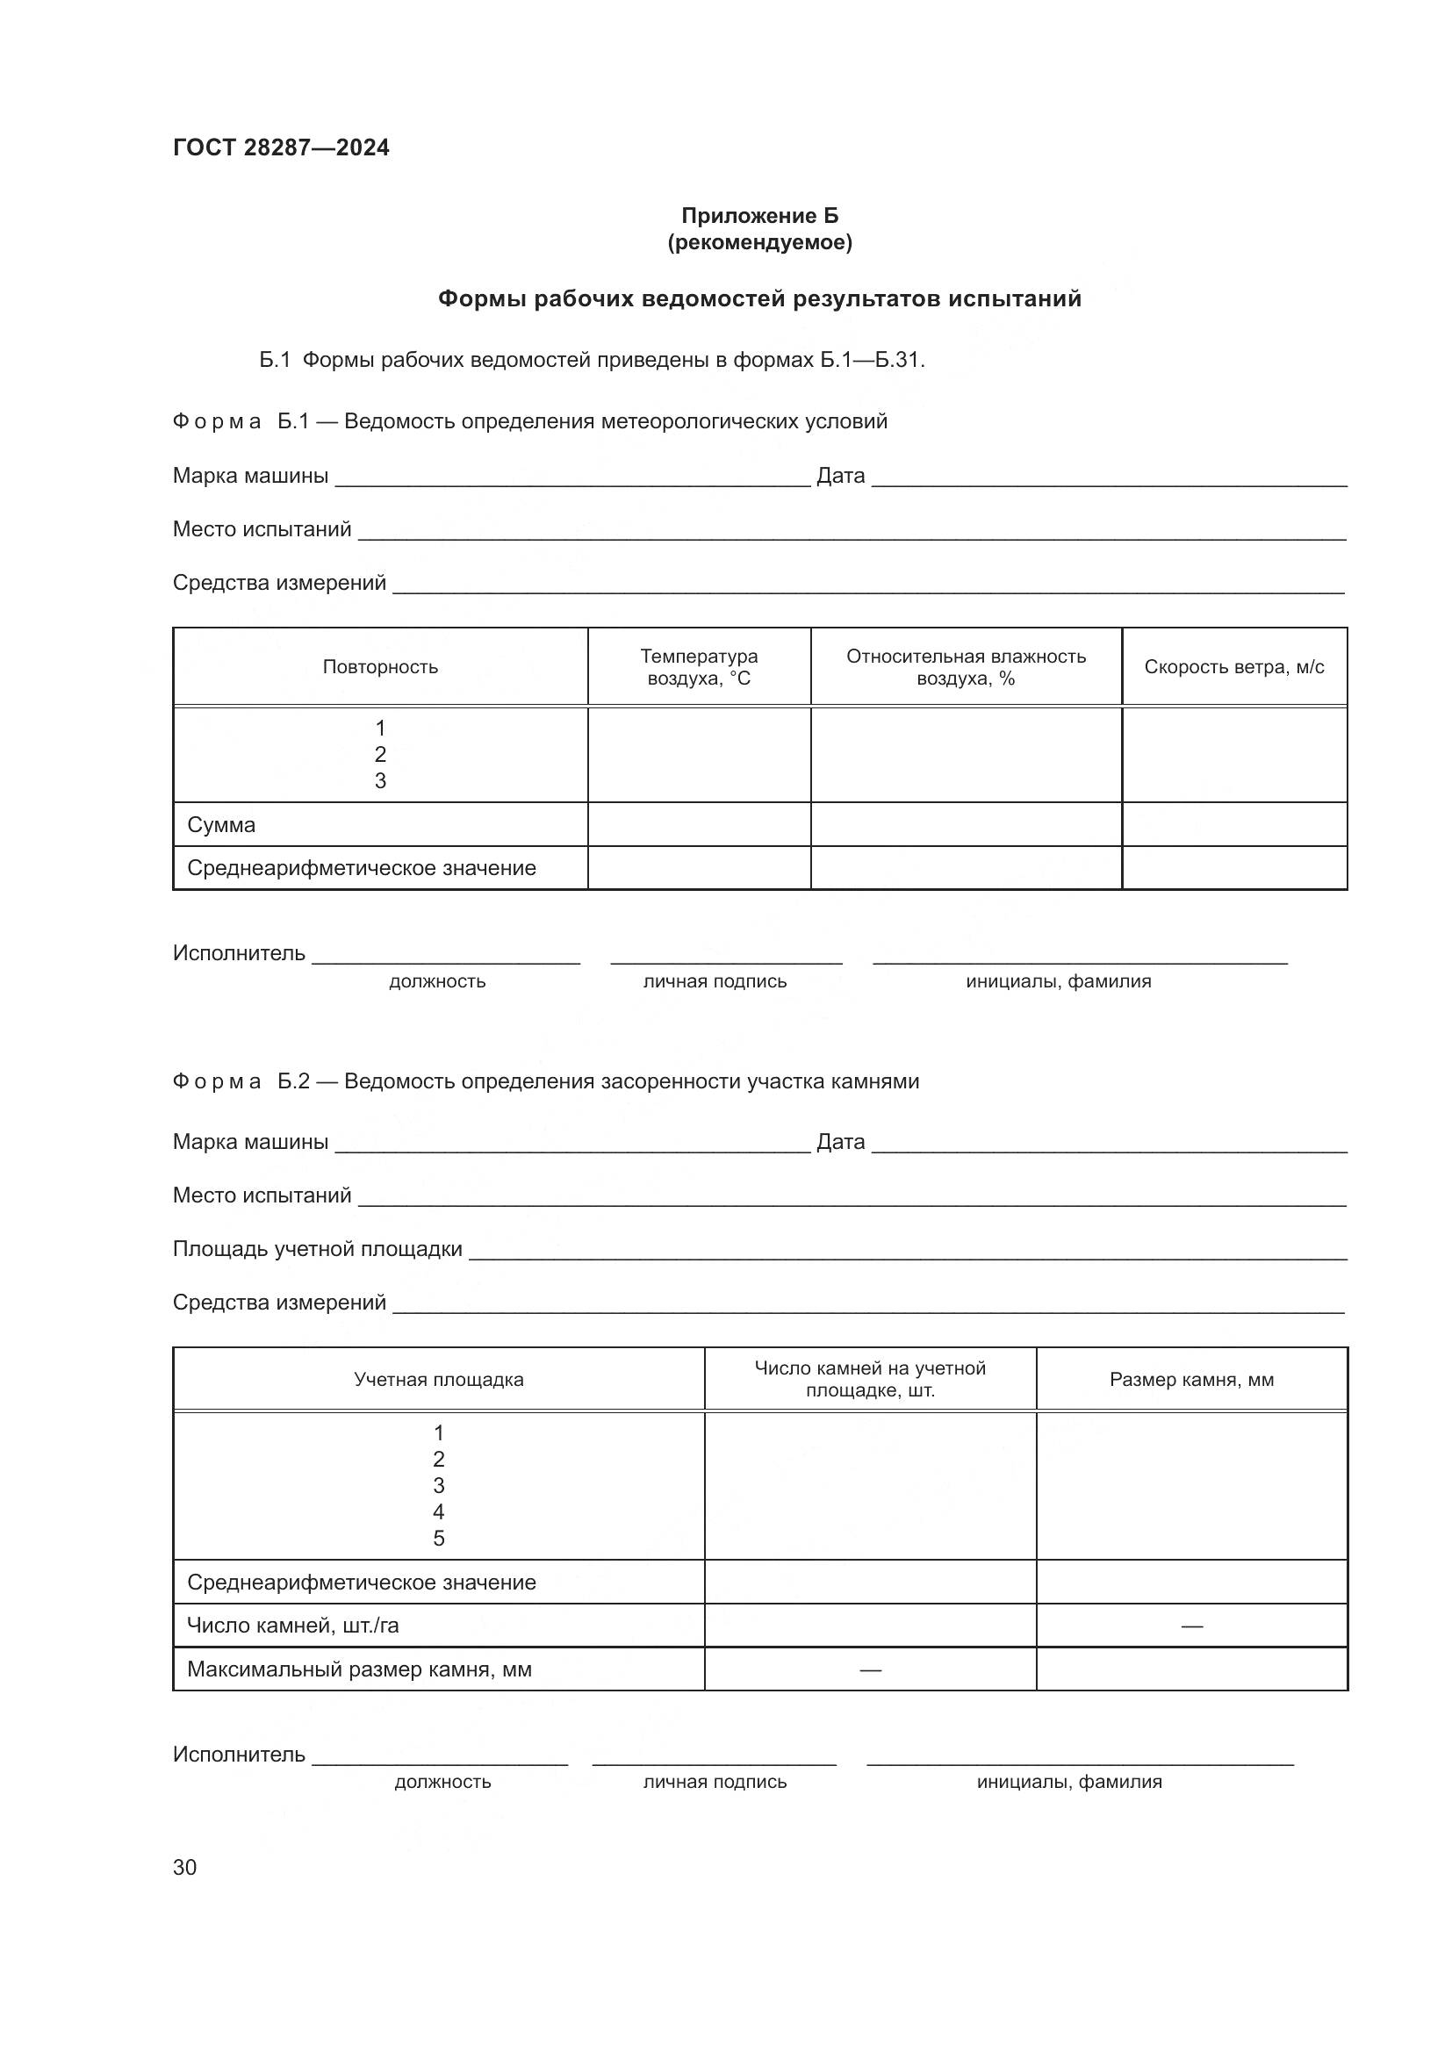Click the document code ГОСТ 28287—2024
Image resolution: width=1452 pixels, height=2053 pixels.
tap(281, 147)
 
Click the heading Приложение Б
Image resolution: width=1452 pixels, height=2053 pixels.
tap(759, 216)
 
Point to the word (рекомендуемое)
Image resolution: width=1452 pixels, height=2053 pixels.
tap(759, 242)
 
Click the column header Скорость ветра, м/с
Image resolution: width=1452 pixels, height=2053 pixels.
tap(1233, 667)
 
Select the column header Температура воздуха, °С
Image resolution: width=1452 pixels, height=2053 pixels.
tap(698, 667)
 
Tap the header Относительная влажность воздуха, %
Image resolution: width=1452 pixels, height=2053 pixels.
tap(966, 667)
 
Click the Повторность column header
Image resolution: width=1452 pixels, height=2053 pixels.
tap(380, 667)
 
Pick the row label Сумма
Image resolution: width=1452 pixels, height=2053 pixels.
tap(221, 824)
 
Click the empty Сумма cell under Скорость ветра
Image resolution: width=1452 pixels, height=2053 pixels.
tap(1233, 824)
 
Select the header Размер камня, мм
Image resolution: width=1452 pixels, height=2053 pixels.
tap(1191, 1380)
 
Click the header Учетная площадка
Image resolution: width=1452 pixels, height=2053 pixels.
tap(438, 1380)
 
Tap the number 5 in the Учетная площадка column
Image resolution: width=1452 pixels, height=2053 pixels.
tap(438, 1538)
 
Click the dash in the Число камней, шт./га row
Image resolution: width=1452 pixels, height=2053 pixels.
tap(1191, 1626)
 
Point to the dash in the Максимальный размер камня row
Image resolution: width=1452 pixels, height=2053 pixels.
tap(870, 1669)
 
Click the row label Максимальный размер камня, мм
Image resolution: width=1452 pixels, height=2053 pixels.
tap(358, 1669)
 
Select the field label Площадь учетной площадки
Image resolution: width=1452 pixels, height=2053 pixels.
tap(318, 1249)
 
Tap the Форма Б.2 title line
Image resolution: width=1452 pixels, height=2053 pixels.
tap(545, 1081)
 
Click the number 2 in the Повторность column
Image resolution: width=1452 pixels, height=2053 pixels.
tap(380, 754)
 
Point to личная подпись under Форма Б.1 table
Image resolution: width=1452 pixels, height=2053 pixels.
tap(715, 982)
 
